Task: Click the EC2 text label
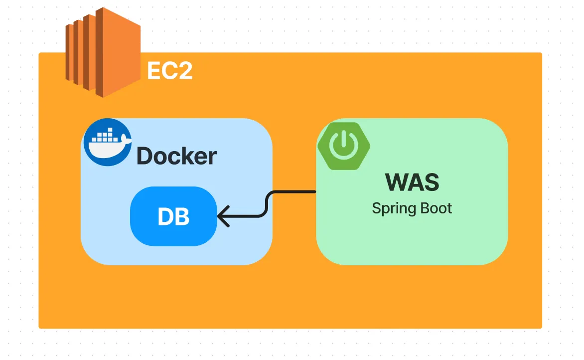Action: click(169, 72)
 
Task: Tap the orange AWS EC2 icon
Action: click(97, 52)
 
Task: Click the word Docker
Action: click(176, 156)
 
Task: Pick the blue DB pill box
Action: click(173, 216)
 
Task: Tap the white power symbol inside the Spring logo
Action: click(344, 145)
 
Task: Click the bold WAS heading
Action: click(412, 182)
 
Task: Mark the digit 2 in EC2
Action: click(184, 72)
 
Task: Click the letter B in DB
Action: click(182, 216)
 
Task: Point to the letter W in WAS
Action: click(396, 182)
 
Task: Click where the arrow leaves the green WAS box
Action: click(315, 191)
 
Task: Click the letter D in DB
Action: click(165, 216)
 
